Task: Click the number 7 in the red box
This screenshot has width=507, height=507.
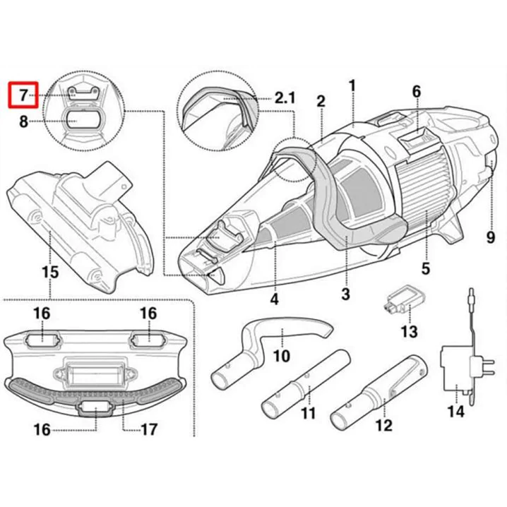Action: pos(23,94)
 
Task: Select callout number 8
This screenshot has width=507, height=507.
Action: pos(23,121)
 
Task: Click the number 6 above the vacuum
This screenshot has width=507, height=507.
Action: pos(416,91)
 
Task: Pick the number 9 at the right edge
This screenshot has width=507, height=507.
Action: pos(490,238)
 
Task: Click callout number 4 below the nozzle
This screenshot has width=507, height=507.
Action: pos(273,299)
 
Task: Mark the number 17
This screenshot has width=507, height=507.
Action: pos(149,429)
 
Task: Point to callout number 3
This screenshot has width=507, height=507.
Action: pos(345,294)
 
